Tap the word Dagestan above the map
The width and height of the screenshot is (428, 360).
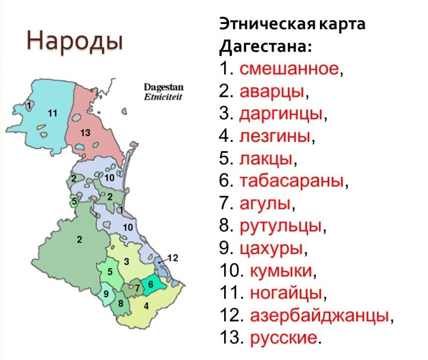tap(163, 88)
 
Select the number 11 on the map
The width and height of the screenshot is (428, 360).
tap(52, 113)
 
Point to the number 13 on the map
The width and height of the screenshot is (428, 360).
tap(85, 133)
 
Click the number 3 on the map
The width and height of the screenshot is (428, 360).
tap(126, 260)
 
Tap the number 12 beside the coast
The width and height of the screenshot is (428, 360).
tap(173, 257)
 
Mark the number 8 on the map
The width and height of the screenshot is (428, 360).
tap(121, 303)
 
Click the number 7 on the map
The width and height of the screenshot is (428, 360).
tap(137, 289)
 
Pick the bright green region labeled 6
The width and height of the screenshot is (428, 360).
tap(151, 285)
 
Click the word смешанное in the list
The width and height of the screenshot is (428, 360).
tap(289, 69)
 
